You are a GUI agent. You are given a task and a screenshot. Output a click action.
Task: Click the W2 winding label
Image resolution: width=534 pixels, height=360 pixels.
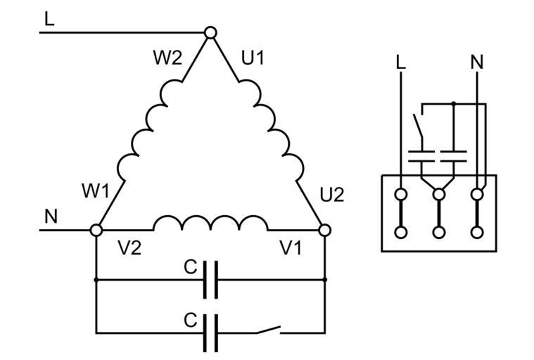[167, 58]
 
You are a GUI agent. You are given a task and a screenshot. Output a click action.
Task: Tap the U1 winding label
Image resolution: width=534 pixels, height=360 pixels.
[253, 58]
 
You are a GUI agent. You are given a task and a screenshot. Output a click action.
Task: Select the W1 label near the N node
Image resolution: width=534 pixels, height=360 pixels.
[96, 191]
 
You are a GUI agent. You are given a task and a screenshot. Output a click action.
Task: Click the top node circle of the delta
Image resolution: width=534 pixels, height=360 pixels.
[210, 32]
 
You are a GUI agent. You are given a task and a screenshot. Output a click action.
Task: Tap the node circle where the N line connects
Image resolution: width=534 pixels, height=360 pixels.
[97, 230]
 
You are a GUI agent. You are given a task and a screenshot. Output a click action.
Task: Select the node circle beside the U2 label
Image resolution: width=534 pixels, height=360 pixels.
[324, 230]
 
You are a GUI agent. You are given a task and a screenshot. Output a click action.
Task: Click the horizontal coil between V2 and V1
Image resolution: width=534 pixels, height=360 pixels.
[210, 224]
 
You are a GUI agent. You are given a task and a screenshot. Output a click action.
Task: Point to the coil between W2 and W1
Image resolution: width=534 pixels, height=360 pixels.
[147, 130]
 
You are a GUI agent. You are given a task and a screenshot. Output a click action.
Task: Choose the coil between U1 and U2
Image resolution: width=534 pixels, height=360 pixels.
[274, 130]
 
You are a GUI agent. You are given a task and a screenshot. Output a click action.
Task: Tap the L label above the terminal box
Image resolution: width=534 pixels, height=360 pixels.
[401, 62]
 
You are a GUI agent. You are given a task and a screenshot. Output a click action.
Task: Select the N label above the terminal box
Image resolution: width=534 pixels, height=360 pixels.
[478, 62]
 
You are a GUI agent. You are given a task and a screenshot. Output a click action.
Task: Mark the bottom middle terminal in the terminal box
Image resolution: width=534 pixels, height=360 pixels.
[439, 231]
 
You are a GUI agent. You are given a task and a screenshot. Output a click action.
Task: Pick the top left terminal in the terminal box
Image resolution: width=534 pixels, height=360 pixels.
[401, 193]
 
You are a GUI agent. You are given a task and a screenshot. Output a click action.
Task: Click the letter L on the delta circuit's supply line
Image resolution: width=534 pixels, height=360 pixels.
[49, 19]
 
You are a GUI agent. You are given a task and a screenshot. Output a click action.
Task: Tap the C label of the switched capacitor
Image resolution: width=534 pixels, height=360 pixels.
[190, 320]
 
